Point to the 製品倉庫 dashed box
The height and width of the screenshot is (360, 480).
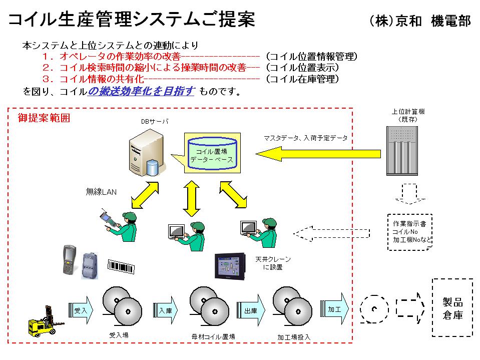pos(452,307)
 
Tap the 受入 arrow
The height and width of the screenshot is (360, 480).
pos(81,310)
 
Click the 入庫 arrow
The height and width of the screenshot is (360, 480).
pos(165,310)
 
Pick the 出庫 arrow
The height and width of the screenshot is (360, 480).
pos(251,310)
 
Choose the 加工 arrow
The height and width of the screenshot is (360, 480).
pos(335,309)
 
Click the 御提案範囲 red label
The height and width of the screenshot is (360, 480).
pos(44,119)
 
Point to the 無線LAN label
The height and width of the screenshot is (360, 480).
pos(101,192)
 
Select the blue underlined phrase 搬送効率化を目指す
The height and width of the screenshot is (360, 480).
pos(141,92)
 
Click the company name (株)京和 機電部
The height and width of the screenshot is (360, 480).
pos(419,21)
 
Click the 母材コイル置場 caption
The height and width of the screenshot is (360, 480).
pos(213,336)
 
